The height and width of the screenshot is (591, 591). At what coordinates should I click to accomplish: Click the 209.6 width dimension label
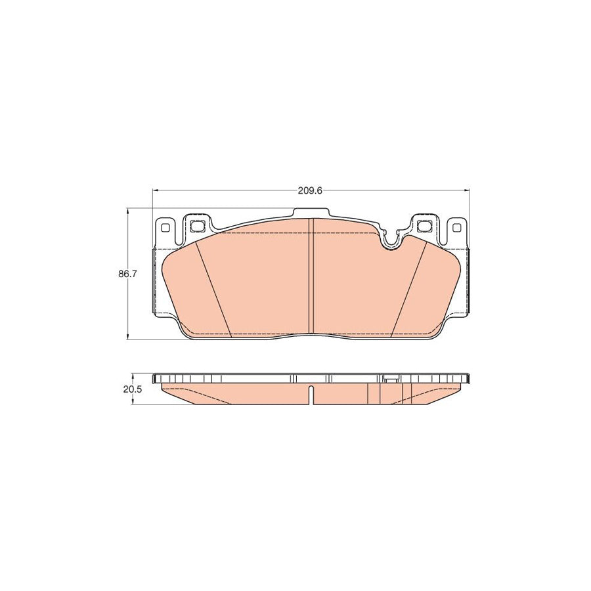click(x=309, y=191)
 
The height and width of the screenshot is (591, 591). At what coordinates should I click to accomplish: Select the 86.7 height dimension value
click(x=127, y=274)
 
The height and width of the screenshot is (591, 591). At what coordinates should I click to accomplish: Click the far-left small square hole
click(x=164, y=229)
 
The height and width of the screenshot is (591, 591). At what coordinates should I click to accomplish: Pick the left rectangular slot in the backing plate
click(x=196, y=226)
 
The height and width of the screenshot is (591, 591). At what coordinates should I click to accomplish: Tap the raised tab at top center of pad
click(x=311, y=213)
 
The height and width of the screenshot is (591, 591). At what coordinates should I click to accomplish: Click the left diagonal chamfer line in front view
click(x=215, y=289)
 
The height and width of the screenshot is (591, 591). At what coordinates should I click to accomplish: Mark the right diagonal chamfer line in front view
click(x=408, y=289)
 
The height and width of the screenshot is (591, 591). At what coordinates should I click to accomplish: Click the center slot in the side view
click(x=311, y=394)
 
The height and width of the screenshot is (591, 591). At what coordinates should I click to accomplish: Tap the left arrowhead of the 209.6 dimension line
click(x=156, y=191)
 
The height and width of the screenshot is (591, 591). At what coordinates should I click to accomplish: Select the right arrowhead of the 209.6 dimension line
click(x=467, y=191)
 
